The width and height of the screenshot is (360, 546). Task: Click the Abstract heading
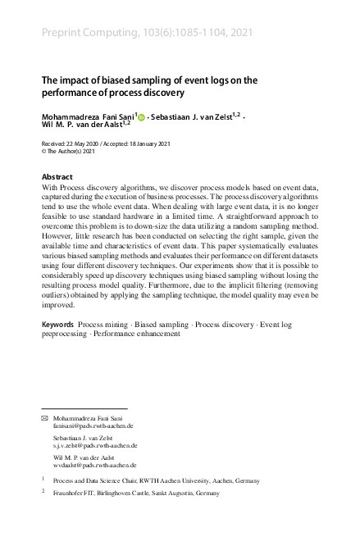click(x=57, y=177)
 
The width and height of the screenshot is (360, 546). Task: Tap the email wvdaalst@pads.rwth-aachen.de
click(x=92, y=465)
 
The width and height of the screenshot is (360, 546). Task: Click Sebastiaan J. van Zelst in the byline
click(x=194, y=116)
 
